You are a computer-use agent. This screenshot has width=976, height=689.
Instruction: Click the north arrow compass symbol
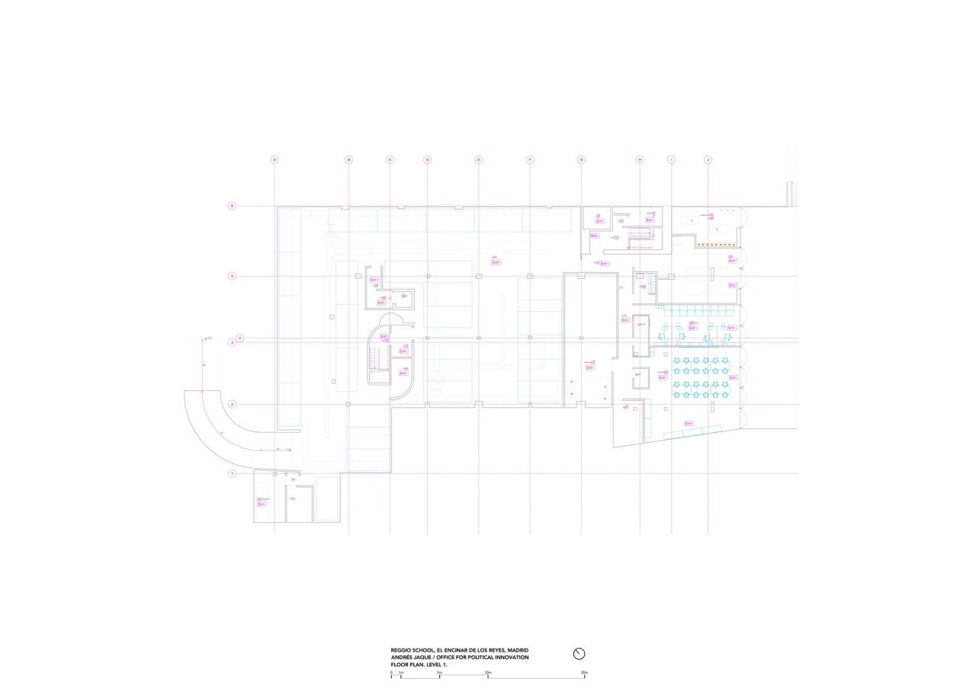tap(579, 654)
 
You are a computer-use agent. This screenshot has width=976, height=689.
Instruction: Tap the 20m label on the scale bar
tap(584, 672)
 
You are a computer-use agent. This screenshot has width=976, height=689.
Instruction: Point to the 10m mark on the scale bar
tap(488, 672)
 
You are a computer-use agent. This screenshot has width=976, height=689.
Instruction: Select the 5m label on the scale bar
tap(439, 672)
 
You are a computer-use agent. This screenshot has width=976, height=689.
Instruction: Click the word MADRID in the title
tap(516, 650)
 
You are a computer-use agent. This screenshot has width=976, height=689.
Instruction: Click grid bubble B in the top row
tap(348, 160)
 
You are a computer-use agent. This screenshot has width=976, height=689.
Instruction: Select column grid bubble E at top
tap(479, 160)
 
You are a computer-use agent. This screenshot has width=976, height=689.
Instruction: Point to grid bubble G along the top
tap(581, 160)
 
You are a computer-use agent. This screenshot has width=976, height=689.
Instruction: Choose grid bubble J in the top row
tap(708, 160)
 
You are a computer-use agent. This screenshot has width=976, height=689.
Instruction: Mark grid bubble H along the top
tap(640, 160)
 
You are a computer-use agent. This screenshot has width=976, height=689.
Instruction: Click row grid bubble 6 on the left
tap(232, 206)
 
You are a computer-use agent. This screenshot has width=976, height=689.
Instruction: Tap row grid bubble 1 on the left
tap(232, 473)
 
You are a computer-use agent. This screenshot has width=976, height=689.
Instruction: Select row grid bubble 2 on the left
tap(232, 404)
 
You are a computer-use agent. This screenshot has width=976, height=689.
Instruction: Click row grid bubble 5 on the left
tap(232, 276)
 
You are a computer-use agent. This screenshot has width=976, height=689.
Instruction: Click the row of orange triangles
tap(715, 245)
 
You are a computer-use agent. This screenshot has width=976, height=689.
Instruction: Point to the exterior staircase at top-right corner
tap(791, 194)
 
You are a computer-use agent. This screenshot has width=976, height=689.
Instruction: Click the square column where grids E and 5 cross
tap(479, 276)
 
